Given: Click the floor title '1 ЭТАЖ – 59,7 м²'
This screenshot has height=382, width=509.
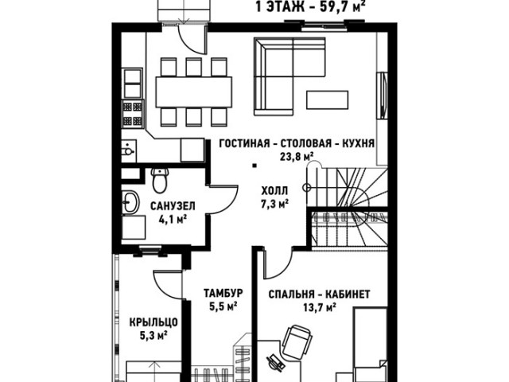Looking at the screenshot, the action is click(x=309, y=6).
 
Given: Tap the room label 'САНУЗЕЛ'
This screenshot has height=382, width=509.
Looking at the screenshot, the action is click(x=173, y=206).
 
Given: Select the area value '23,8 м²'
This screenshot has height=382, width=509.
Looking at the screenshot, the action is click(x=297, y=157).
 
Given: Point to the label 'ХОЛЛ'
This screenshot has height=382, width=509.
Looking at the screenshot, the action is click(x=274, y=190).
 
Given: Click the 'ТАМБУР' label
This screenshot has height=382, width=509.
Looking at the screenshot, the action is click(x=223, y=293).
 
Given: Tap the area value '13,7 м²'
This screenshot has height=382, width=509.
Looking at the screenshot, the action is click(x=320, y=307).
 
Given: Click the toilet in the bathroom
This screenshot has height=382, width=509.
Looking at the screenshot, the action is click(x=160, y=180).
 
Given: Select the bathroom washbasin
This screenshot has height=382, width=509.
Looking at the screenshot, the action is click(x=130, y=202).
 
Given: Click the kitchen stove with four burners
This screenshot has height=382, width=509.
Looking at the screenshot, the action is click(x=133, y=114).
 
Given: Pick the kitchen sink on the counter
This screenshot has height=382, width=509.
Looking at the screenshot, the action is click(x=129, y=150).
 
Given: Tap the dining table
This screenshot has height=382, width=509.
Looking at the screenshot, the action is click(x=194, y=92).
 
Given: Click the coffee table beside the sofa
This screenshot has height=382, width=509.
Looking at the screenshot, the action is click(x=327, y=99).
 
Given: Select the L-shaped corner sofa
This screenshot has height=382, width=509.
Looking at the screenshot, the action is click(x=289, y=76).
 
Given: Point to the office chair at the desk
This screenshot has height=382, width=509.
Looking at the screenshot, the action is click(x=297, y=341).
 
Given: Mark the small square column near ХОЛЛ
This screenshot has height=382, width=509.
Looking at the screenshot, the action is click(x=255, y=166).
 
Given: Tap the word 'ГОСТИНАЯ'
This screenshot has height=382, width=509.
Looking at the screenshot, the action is click(x=244, y=143).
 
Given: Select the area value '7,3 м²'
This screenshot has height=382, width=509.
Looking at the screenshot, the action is click(x=275, y=204).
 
